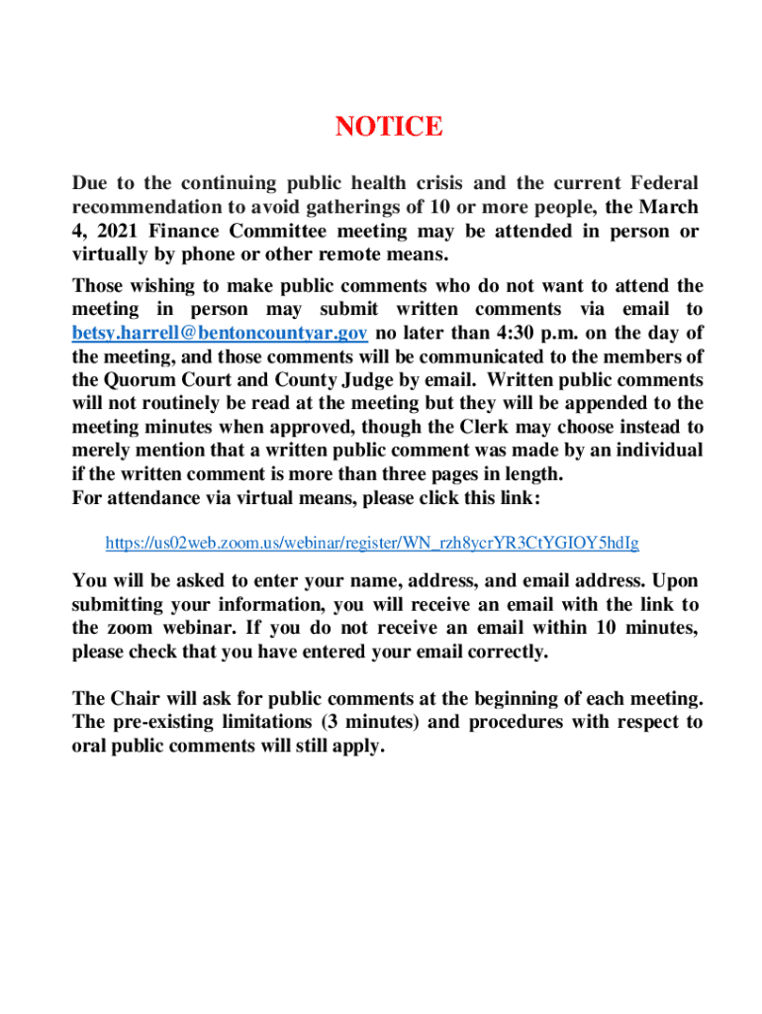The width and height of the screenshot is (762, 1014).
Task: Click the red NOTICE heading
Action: pyautogui.click(x=389, y=127)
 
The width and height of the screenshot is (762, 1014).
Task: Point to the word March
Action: pyautogui.click(x=669, y=207)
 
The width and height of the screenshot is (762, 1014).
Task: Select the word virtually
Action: pyautogui.click(x=108, y=255)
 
